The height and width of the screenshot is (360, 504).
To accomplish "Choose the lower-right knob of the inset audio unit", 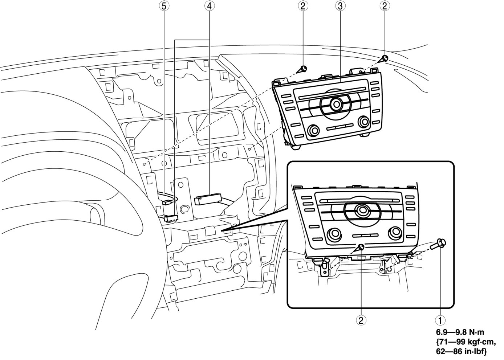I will pos(394,231).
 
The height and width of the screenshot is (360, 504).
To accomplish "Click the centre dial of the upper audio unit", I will pos(336,104).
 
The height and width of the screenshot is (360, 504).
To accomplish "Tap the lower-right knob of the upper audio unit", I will pos(362,121).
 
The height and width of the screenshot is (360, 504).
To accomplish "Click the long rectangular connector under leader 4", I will pos(208,199).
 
